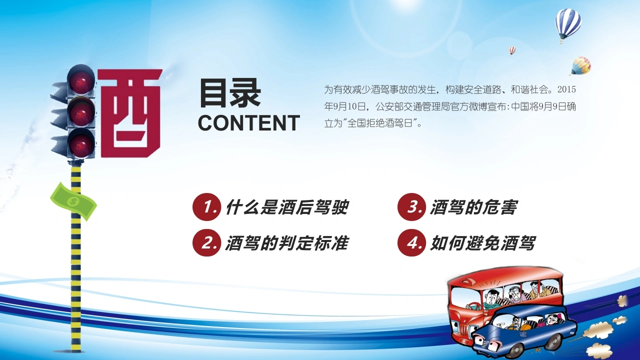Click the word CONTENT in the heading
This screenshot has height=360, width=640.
(x=248, y=123)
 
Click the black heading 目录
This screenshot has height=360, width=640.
(x=230, y=93)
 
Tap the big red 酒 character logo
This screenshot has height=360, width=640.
(x=130, y=113)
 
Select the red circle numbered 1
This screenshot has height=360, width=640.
(x=206, y=207)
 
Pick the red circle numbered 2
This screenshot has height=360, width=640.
(x=206, y=242)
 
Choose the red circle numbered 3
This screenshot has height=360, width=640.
(x=411, y=207)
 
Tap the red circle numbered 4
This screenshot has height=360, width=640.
(x=411, y=242)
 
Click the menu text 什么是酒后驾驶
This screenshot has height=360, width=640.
(x=287, y=207)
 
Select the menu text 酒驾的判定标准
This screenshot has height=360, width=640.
(x=287, y=243)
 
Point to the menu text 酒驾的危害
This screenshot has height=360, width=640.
(x=473, y=207)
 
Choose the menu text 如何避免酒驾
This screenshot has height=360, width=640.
(x=482, y=243)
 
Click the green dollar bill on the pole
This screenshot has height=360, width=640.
(x=73, y=201)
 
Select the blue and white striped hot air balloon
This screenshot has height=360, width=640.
(x=567, y=25)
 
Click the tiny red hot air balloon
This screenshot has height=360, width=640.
(x=512, y=50)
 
